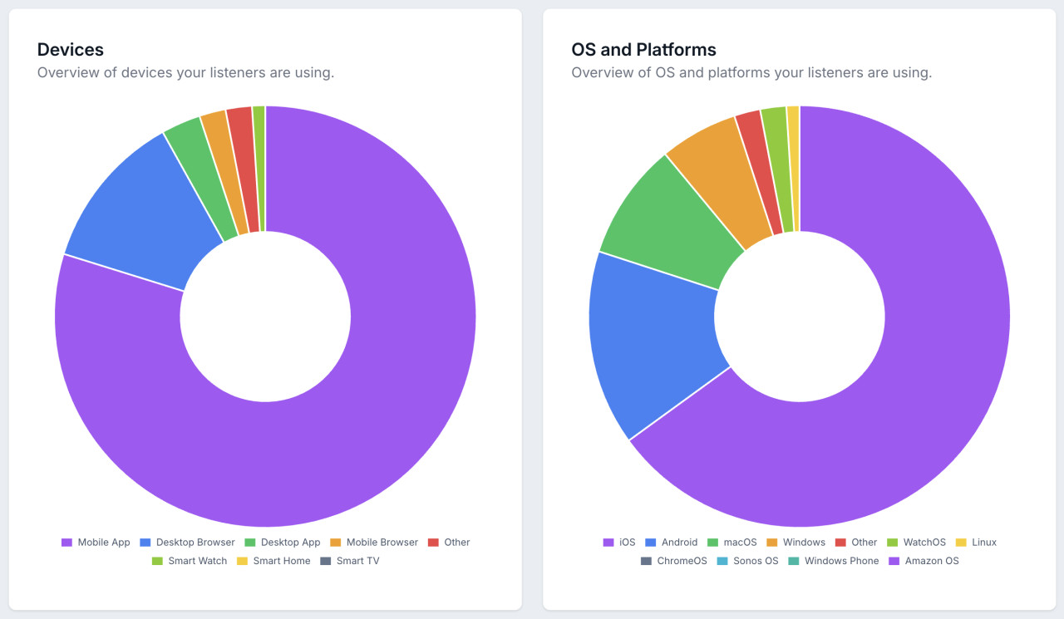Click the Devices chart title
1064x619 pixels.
click(x=71, y=50)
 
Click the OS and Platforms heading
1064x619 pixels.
click(x=643, y=50)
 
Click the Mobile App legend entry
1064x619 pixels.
click(x=96, y=543)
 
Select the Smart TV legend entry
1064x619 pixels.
click(x=349, y=561)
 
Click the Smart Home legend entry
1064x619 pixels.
click(x=273, y=561)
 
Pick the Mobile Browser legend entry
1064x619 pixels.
click(x=373, y=543)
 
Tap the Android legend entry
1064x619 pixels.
click(x=671, y=543)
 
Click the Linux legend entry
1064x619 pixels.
click(x=975, y=543)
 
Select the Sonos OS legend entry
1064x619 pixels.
click(x=747, y=561)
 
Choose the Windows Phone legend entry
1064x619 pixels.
click(x=833, y=561)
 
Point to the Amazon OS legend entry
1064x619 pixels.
click(x=923, y=561)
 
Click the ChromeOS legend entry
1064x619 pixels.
click(x=673, y=561)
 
